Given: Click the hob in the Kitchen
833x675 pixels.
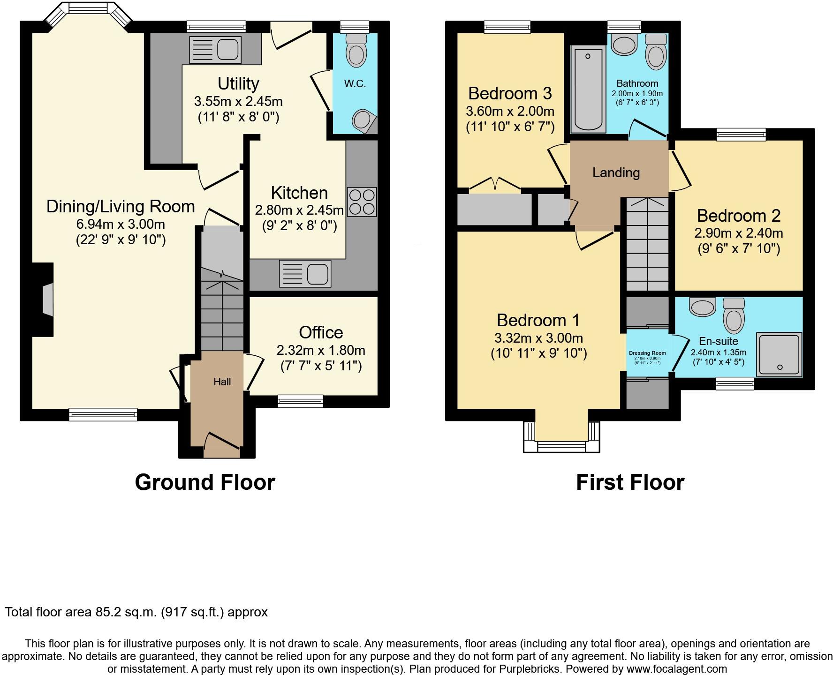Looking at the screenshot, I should pos(362,202).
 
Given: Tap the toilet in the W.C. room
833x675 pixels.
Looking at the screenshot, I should pos(356,50).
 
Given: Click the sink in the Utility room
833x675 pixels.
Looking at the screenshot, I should pos(215,50).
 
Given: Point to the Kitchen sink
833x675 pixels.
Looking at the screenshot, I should pos(305,273).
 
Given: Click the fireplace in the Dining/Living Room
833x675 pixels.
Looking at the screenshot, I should pos(47,299).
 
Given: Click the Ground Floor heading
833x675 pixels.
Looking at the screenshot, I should pos(204,482).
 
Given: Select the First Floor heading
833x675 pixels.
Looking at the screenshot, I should pos(630,482).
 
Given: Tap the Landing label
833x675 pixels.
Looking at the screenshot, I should pos(616,172).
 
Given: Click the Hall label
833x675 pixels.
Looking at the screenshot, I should pos(222,382).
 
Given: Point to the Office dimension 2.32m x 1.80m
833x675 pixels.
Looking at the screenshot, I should pos(321,350).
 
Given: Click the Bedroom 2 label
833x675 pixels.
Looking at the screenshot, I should pos(738,216).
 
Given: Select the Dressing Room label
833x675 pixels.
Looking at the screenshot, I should pos(647,353).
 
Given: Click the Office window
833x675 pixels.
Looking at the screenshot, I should pos(300,401).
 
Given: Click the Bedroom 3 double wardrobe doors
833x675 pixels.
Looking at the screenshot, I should pos(495,184).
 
